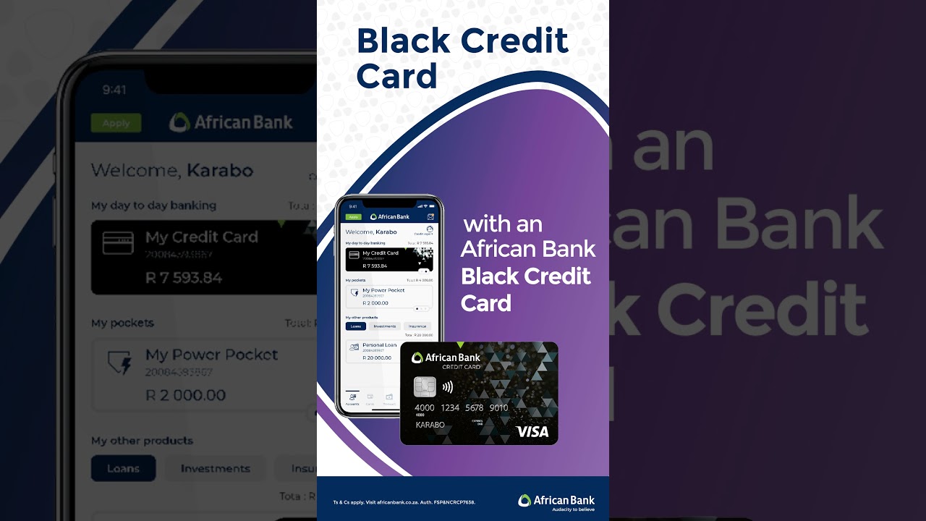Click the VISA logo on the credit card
pos(532,432)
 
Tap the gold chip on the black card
pos(425,387)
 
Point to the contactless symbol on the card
pos(448,387)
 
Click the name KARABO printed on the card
pos(430,425)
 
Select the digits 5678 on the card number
pos(474,408)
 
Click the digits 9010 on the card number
pos(498,408)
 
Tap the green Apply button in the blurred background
pos(116,123)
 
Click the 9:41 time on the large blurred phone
pos(114,90)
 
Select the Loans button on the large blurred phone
pos(123,468)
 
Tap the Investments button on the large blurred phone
pos(215,468)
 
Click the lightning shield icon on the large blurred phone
pos(119,362)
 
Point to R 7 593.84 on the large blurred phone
pos(184,278)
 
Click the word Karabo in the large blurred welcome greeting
pos(220,171)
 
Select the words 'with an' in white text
pos(503,224)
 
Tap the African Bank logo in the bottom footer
pos(556,500)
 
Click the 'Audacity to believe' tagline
pos(573,509)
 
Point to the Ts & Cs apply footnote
pos(404,502)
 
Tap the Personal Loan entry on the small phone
pos(379,345)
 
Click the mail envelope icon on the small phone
pos(430,216)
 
